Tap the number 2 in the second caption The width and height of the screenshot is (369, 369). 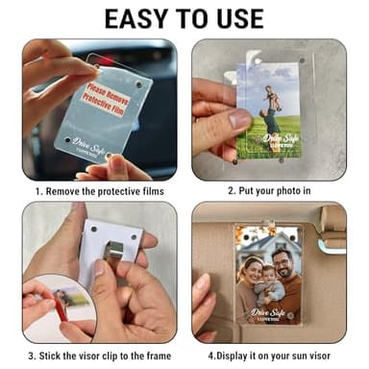click(x=232, y=190)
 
